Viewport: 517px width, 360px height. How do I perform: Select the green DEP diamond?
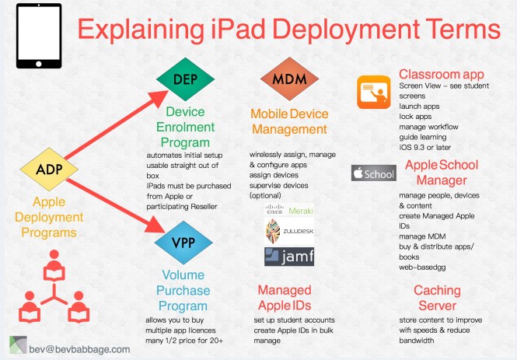183,79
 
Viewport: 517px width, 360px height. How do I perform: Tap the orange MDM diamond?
287,79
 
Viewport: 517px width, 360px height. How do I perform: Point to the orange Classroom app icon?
376,94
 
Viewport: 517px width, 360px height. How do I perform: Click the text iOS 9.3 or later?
426,146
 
